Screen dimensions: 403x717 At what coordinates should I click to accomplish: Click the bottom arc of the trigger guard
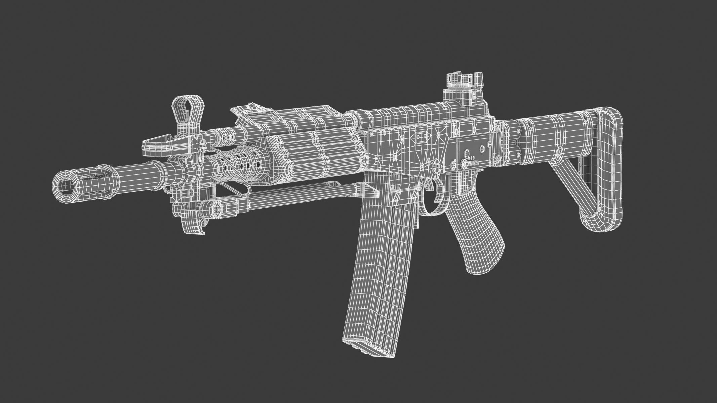[x=429, y=212]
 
